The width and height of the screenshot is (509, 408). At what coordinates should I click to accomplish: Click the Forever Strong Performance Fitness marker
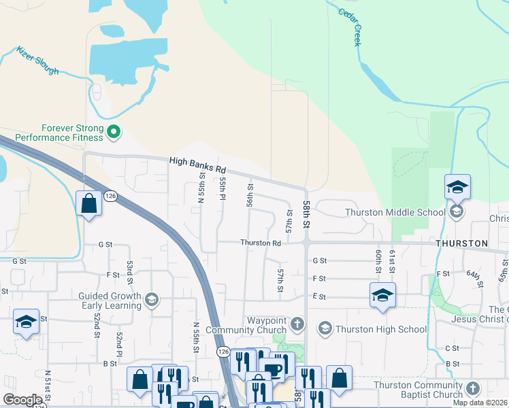(114, 132)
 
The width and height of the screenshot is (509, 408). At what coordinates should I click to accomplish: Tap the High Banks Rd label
(197, 163)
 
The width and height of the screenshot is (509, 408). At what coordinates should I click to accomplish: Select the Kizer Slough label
(37, 61)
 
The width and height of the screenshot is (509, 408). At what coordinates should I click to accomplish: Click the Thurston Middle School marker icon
(456, 212)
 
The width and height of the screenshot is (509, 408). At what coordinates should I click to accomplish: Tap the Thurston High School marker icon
(325, 329)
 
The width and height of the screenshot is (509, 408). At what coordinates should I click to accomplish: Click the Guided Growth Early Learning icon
(152, 300)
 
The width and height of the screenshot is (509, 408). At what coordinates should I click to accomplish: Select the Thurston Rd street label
(261, 243)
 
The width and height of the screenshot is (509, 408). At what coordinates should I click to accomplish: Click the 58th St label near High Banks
(307, 214)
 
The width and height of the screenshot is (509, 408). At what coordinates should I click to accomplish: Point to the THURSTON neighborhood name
(462, 243)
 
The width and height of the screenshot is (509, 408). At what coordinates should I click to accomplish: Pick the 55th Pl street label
(223, 189)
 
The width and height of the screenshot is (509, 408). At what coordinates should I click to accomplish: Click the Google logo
(22, 400)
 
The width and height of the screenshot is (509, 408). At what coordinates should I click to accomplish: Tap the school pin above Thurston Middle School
(457, 186)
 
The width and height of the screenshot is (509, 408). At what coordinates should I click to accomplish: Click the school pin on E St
(382, 295)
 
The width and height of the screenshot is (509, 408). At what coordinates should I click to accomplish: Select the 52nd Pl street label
(119, 345)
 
